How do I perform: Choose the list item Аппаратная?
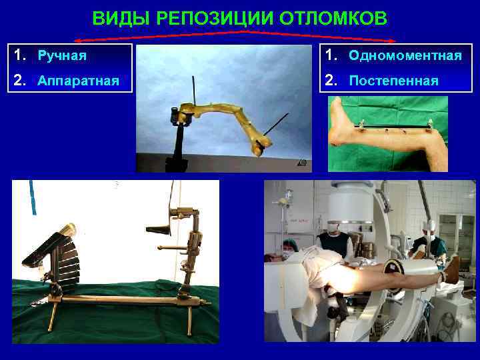click(78, 81)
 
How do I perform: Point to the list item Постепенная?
click(393, 81)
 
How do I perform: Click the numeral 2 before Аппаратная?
click(20, 81)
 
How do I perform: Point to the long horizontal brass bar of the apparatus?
click(120, 298)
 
